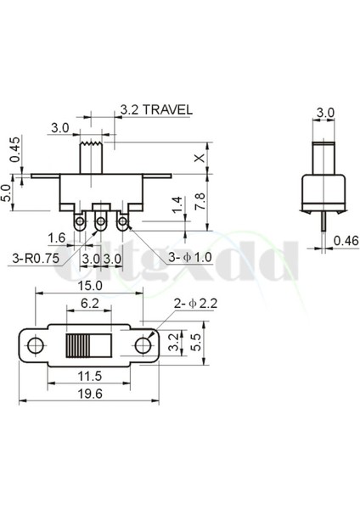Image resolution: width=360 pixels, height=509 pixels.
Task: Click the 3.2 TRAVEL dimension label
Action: [155, 110]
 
